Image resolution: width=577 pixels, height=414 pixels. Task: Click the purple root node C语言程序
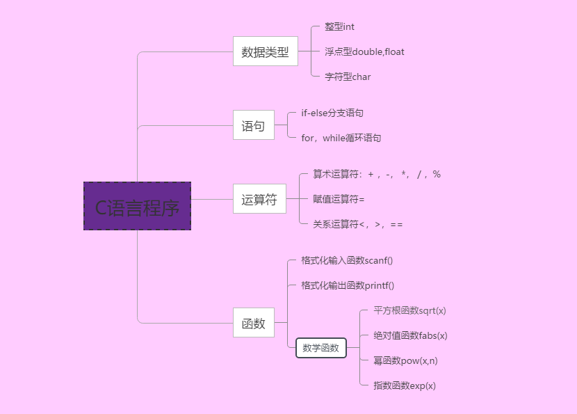(137, 206)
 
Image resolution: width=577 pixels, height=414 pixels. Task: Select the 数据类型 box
(265, 51)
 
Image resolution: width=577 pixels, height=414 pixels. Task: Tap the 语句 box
(253, 126)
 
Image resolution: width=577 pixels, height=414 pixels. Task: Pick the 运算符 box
(259, 200)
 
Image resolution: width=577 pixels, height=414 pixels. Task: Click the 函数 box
(253, 324)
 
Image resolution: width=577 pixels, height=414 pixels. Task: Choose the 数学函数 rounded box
(321, 348)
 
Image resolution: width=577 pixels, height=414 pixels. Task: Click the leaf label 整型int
(339, 27)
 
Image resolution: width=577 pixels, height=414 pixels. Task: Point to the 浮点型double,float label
(364, 52)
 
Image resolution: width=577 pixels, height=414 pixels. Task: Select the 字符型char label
(348, 77)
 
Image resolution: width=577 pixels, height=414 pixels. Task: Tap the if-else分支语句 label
(332, 113)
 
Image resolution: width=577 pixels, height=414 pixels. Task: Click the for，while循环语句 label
(341, 138)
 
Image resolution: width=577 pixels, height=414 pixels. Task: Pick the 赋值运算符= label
(339, 200)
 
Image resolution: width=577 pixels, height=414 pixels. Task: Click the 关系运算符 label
(358, 224)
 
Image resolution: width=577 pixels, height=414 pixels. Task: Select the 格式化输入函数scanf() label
(347, 261)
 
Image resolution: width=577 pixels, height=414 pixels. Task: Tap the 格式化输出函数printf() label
(348, 286)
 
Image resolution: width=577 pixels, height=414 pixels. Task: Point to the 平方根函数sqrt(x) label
(409, 311)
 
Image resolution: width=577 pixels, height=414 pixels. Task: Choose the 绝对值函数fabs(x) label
(410, 336)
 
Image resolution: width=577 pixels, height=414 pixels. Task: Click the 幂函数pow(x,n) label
(405, 360)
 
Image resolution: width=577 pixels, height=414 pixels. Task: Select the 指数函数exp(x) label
(405, 385)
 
